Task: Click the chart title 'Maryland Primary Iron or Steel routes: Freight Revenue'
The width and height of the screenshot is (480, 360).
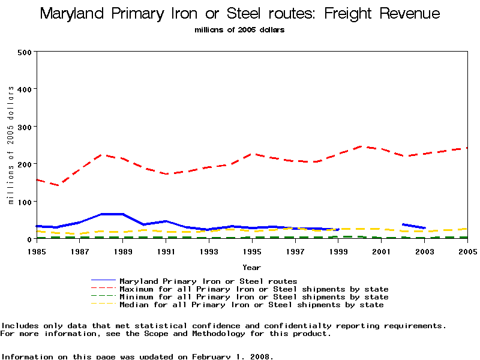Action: [x=240, y=14]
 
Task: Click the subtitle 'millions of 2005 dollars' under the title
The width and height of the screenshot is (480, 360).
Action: [x=240, y=29]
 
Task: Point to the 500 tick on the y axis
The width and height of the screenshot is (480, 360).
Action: [x=24, y=52]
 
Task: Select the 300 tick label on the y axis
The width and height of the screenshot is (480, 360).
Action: [x=24, y=127]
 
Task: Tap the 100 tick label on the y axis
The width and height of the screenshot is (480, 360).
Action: [x=24, y=201]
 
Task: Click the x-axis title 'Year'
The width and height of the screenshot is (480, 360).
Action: [x=251, y=267]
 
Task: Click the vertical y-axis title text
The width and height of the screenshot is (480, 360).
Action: [x=11, y=145]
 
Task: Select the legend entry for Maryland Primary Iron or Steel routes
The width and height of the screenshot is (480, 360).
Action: [x=208, y=281]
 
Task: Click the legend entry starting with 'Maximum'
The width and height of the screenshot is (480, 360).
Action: [x=254, y=289]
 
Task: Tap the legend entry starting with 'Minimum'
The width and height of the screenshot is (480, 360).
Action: [x=254, y=297]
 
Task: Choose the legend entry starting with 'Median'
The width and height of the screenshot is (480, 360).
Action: [x=251, y=305]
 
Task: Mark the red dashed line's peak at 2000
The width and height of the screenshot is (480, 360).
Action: [x=359, y=146]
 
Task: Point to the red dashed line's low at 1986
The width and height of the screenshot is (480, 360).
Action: [x=59, y=185]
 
